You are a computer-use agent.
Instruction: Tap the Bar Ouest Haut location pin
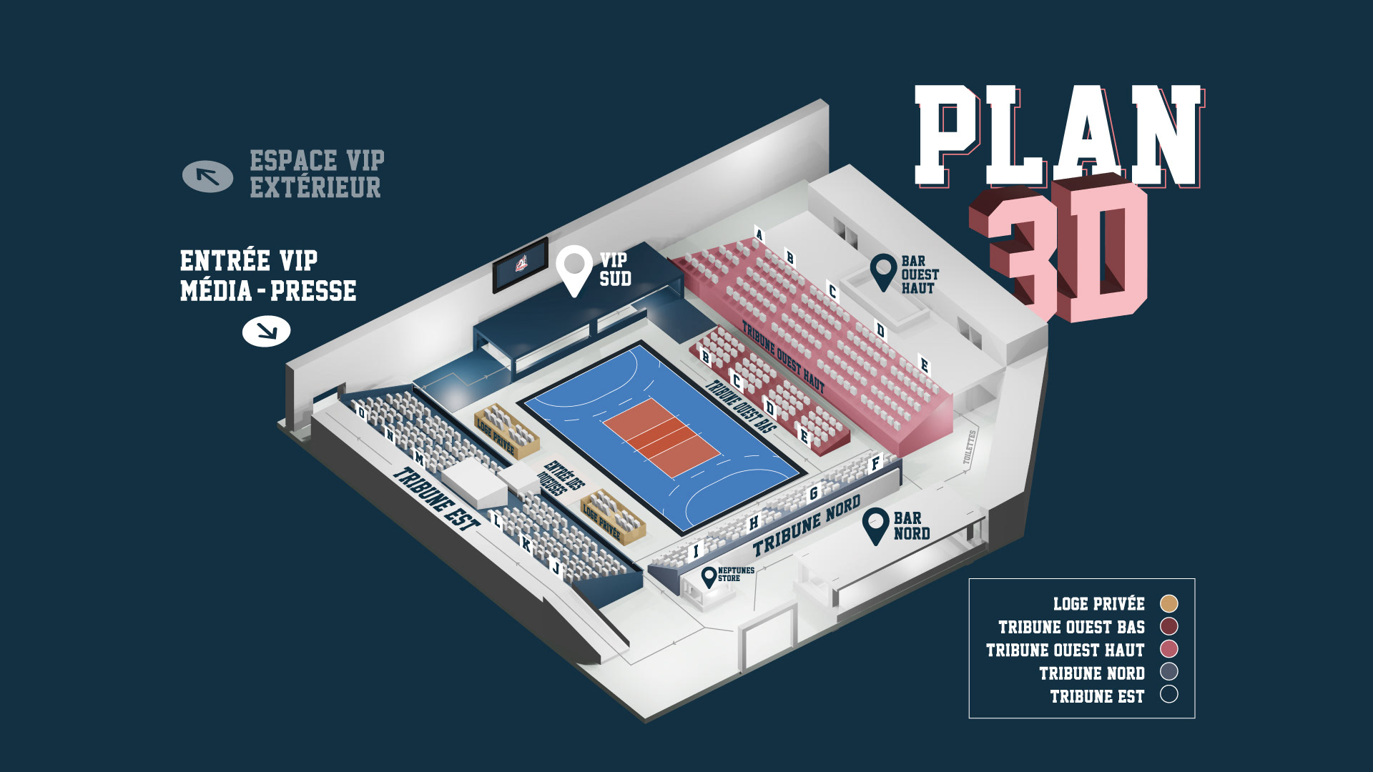click(883, 269)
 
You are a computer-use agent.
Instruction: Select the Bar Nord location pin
click(875, 523)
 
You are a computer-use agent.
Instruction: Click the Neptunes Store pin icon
click(709, 576)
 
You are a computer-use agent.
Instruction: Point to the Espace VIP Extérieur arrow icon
click(207, 177)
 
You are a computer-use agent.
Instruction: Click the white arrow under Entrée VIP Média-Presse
click(266, 331)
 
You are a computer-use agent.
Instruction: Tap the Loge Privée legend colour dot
click(1168, 603)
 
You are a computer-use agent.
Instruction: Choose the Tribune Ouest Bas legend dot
click(1168, 626)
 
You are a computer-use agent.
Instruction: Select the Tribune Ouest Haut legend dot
click(1168, 649)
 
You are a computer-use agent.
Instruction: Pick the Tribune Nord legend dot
click(1168, 672)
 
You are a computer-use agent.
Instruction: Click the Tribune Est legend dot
click(1168, 695)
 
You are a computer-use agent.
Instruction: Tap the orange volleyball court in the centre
click(661, 437)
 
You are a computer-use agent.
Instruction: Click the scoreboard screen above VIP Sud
click(521, 265)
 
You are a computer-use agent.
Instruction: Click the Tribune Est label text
click(435, 500)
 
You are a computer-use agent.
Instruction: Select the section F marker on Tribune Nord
click(875, 464)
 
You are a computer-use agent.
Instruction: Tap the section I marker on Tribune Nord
click(696, 551)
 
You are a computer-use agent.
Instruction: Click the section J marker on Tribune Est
click(556, 568)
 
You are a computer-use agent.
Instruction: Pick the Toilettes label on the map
click(969, 447)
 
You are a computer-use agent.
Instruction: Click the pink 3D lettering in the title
click(1066, 250)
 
